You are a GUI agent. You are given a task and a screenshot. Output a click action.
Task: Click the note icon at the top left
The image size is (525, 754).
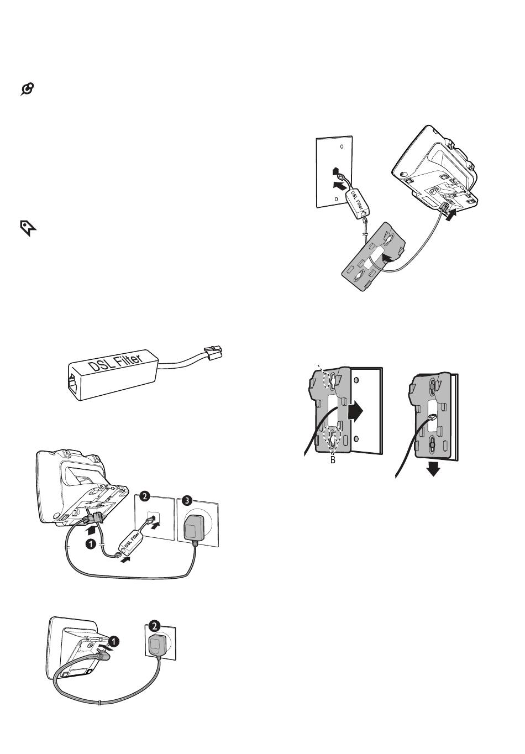(28, 88)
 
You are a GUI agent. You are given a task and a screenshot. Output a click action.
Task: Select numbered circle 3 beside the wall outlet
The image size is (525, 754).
(187, 501)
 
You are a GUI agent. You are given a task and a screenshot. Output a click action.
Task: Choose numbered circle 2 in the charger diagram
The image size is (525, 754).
(155, 626)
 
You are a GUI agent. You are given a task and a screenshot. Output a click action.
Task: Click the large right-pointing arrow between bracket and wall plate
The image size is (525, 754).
(356, 411)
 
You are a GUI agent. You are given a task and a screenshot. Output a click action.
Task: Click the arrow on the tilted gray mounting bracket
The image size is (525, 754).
(390, 258)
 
